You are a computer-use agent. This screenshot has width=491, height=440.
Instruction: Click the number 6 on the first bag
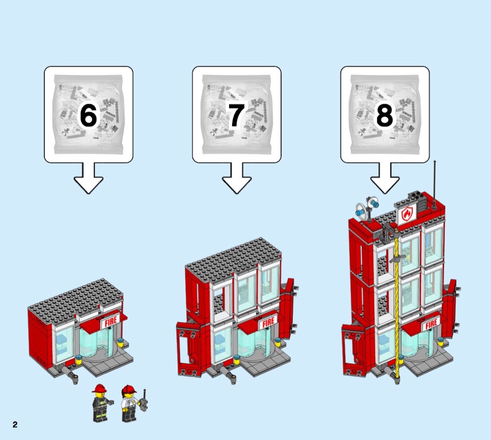point(88,115)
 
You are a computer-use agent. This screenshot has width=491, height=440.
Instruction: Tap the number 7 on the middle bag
point(236,115)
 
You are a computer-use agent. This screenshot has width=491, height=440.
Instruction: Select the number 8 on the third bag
point(384,115)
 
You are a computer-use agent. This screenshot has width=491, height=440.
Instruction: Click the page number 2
point(15,425)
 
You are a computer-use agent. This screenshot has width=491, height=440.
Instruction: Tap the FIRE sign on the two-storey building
point(268,322)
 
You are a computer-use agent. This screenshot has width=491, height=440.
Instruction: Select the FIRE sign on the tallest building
point(431,324)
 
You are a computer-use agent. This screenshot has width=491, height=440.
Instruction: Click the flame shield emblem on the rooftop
point(407,214)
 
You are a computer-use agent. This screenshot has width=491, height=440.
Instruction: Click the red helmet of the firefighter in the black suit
point(100,388)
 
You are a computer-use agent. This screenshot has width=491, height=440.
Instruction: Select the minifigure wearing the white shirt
point(130,404)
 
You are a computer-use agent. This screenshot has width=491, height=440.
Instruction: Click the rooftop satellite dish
point(361,209)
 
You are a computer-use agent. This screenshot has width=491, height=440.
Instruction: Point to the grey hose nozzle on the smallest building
point(70,374)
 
